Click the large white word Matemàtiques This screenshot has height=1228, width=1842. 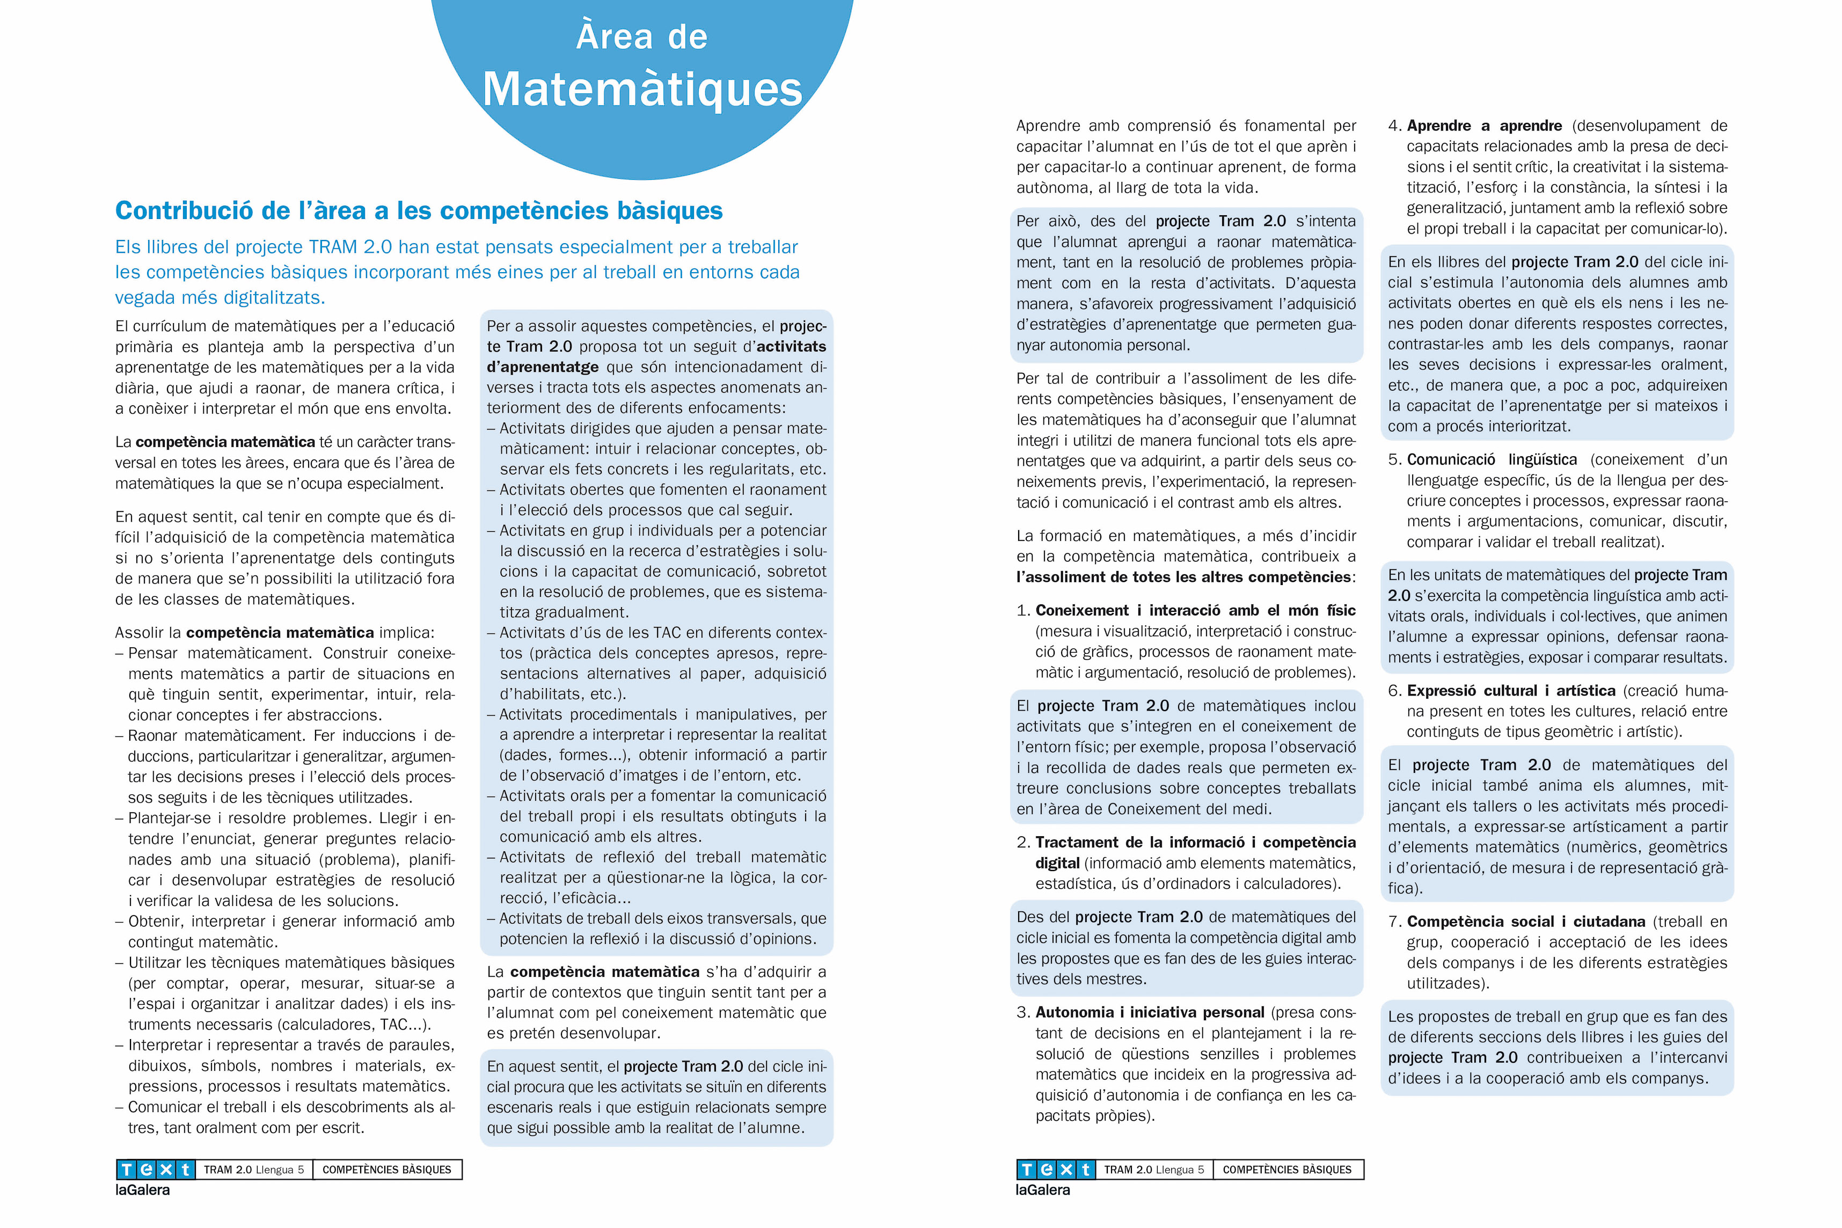click(x=642, y=89)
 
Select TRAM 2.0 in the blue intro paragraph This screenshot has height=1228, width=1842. click(x=350, y=247)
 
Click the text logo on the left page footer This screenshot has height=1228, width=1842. click(x=155, y=1169)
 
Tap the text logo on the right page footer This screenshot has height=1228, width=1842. click(x=1055, y=1169)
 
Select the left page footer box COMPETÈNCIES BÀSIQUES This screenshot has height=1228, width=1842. click(x=387, y=1170)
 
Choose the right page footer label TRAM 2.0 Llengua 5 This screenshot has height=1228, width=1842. click(x=1153, y=1170)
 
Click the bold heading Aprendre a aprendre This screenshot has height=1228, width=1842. click(x=1484, y=126)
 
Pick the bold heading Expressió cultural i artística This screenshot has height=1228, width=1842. click(x=1511, y=691)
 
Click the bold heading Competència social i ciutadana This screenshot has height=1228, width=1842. click(x=1524, y=922)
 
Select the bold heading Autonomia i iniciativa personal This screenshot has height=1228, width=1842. click(x=1150, y=1013)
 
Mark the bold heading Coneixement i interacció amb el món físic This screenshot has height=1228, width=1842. click(x=1195, y=611)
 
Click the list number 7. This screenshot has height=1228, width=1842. click(x=1393, y=922)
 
